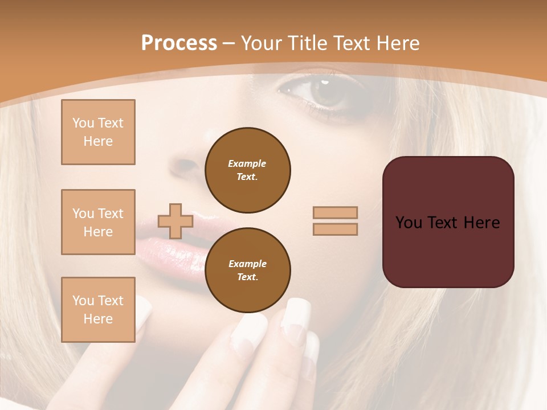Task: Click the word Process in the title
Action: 179,43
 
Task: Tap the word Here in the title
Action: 397,43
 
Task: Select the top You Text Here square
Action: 98,132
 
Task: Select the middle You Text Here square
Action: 98,222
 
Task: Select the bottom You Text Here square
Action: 98,309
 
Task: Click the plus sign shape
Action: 175,221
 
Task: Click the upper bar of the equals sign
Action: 335,212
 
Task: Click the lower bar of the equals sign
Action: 335,229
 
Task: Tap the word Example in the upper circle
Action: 247,163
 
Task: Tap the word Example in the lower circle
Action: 247,264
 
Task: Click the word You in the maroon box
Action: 409,223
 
